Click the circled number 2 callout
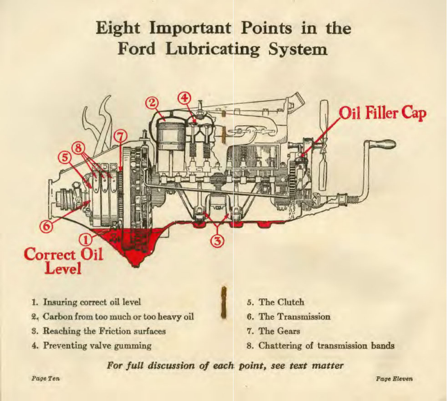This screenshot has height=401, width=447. coord(152,103)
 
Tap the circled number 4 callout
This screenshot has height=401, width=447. coord(185,98)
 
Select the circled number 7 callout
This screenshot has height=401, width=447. coord(120,137)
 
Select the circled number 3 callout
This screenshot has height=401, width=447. coord(217,241)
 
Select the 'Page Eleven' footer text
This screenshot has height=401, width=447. coord(394,379)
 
